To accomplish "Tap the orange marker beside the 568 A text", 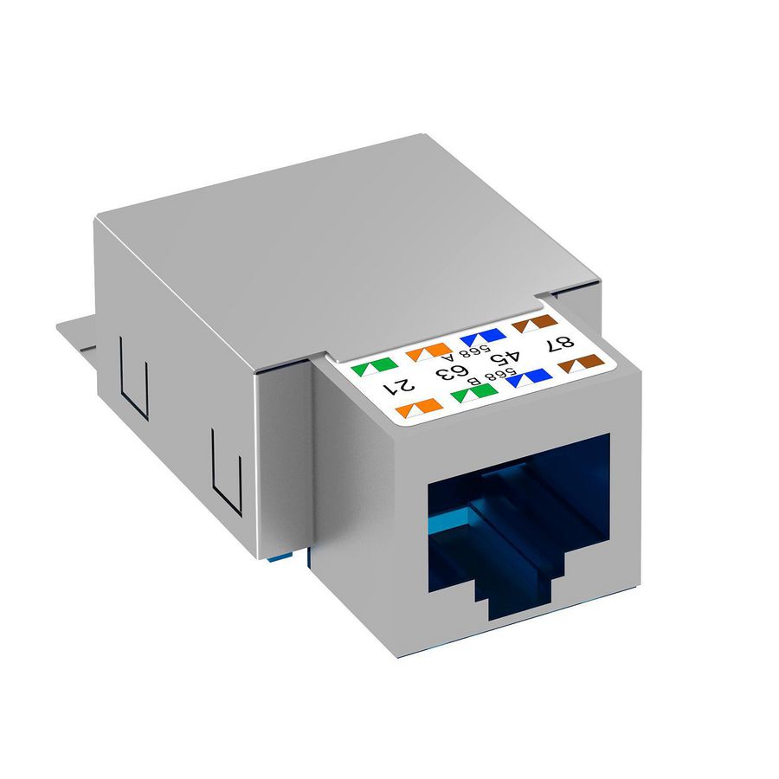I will click(428, 351).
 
